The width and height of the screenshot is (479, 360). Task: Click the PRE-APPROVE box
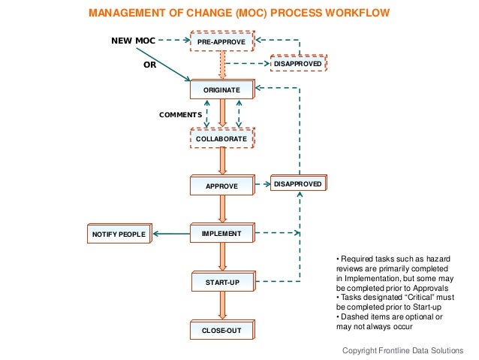[x=221, y=43]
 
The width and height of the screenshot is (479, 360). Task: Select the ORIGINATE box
[x=221, y=90]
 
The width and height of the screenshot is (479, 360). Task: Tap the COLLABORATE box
[x=221, y=140]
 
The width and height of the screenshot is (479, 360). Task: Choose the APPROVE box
[x=221, y=186]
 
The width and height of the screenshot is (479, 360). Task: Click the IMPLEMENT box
[x=221, y=234]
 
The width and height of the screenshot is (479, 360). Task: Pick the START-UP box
[x=221, y=283]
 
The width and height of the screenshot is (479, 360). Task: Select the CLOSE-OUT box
[x=221, y=330]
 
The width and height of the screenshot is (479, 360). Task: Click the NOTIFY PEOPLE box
[x=119, y=235]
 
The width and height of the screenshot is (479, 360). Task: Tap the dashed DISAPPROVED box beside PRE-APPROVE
[x=299, y=65]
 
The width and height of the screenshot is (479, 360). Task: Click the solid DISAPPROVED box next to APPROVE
[x=298, y=183]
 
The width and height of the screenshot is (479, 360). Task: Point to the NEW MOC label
[x=133, y=41]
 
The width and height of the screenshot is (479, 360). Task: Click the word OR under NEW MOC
[x=149, y=65]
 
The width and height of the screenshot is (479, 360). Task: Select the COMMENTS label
[x=179, y=115]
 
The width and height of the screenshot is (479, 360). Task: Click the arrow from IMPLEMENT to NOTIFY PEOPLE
[x=172, y=234]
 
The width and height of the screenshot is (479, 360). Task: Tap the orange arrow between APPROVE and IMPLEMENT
[x=222, y=210]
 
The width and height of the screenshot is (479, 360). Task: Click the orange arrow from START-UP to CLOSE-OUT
[x=222, y=306]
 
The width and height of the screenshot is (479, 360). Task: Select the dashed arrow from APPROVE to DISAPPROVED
[x=262, y=183]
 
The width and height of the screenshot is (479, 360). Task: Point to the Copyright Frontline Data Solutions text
[x=403, y=350]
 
